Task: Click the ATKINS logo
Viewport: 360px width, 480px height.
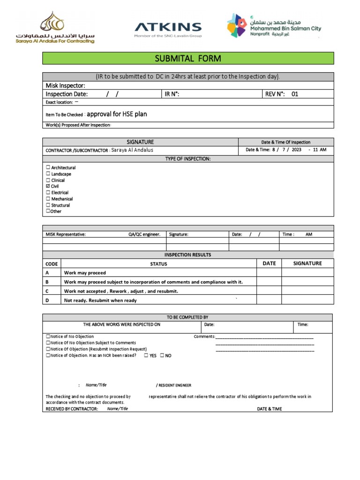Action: (168, 28)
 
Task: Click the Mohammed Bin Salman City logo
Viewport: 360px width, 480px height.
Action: (274, 26)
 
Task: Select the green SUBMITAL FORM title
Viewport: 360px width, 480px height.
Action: (188, 59)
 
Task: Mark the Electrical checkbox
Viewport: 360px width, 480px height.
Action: (48, 193)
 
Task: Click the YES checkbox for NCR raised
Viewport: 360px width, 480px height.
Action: (146, 356)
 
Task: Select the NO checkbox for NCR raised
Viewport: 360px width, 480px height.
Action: (162, 356)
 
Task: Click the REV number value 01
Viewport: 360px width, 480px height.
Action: (294, 94)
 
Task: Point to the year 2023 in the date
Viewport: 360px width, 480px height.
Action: (296, 150)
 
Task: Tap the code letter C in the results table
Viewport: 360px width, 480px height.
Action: (47, 291)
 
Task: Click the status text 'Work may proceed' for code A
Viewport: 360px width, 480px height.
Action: (85, 273)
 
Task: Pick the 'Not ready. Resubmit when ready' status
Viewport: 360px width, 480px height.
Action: (100, 300)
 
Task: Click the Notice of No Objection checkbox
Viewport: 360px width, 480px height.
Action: (48, 337)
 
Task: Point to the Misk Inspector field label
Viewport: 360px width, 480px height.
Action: (65, 85)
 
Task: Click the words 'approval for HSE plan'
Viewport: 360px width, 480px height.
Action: (117, 114)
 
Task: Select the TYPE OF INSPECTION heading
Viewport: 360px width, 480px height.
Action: (188, 159)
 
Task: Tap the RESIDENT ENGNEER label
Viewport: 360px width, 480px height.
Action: (174, 385)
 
